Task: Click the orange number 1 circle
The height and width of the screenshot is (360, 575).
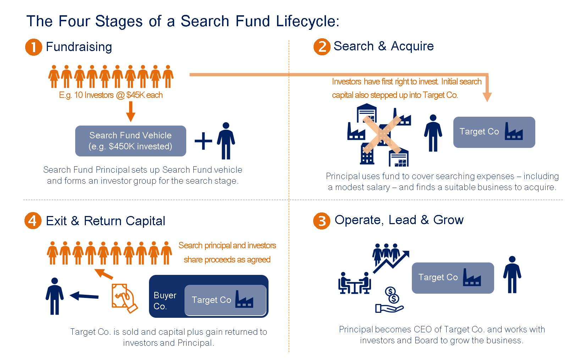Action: pyautogui.click(x=33, y=47)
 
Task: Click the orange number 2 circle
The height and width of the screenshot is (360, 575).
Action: pyautogui.click(x=322, y=47)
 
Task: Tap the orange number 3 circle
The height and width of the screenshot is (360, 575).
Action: pyautogui.click(x=321, y=221)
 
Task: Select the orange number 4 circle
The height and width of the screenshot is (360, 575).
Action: pyautogui.click(x=33, y=221)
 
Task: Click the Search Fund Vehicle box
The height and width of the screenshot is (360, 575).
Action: pyautogui.click(x=131, y=141)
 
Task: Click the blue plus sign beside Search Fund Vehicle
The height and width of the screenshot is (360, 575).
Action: pyautogui.click(x=203, y=141)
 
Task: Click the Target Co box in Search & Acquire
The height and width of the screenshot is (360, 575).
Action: pyautogui.click(x=494, y=132)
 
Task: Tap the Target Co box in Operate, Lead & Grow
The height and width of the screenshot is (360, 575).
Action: pyautogui.click(x=453, y=278)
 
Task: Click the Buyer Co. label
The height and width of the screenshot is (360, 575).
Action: pyautogui.click(x=165, y=300)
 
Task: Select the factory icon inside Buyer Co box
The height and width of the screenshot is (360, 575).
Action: pyautogui.click(x=244, y=299)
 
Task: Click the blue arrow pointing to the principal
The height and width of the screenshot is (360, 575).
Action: pyautogui.click(x=84, y=295)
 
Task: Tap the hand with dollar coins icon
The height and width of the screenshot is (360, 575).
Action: pyautogui.click(x=390, y=300)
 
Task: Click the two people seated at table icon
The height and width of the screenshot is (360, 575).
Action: pyautogui.click(x=354, y=283)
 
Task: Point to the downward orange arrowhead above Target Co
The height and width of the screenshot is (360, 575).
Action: pyautogui.click(x=487, y=97)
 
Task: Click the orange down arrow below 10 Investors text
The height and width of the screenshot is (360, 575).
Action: pyautogui.click(x=131, y=112)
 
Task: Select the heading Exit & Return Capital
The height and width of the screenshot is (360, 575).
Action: pyautogui.click(x=105, y=221)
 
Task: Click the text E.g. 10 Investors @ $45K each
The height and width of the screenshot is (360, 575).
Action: pyautogui.click(x=111, y=95)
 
